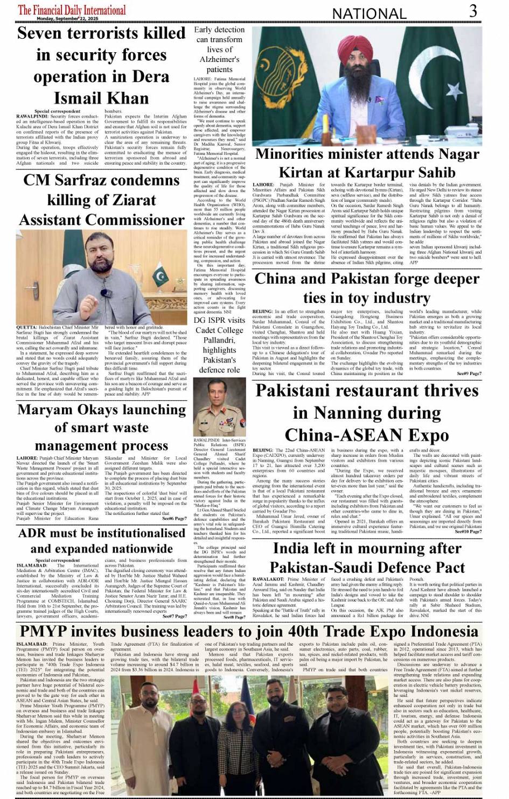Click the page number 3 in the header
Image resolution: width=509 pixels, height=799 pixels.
[473, 11]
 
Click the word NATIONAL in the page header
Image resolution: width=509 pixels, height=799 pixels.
[369, 14]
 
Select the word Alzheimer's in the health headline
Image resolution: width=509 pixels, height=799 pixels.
[219, 59]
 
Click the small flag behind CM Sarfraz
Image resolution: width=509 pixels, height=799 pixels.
[159, 276]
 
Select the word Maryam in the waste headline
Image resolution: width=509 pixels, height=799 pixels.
[45, 410]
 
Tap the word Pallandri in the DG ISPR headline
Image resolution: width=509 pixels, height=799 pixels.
[219, 340]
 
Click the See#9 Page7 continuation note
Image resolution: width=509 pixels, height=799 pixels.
[469, 373]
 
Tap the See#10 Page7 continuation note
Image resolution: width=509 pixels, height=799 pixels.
[468, 531]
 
